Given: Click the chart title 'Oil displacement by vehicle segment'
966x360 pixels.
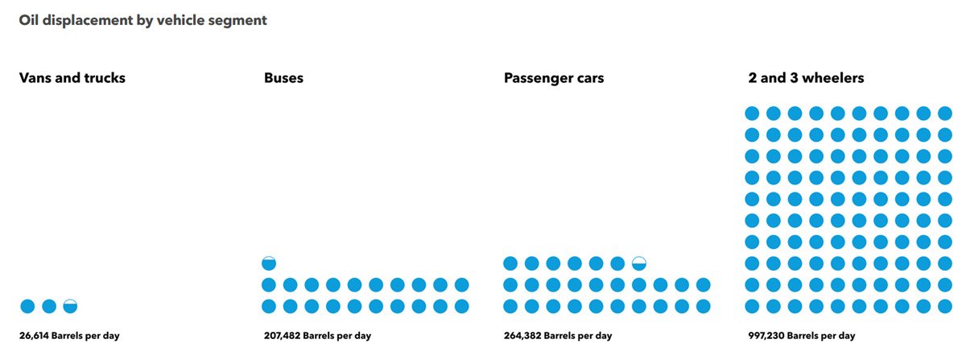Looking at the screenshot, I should point(143,21).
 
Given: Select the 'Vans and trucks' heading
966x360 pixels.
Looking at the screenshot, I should point(72,78).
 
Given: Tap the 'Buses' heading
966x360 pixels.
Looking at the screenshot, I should point(283,78).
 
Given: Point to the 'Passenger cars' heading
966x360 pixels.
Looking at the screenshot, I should point(554,78).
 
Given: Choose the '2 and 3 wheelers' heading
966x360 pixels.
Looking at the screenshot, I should point(806,78).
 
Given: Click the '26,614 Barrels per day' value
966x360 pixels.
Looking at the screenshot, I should point(69,336).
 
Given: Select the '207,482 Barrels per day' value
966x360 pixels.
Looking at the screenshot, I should point(317,336).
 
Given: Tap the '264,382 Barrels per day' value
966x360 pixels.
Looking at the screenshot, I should point(558,336).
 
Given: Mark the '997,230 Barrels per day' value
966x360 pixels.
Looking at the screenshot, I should point(801,336).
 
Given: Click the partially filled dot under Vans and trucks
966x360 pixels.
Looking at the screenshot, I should point(70,306).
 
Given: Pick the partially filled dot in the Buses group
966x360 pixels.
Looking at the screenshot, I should point(269,263).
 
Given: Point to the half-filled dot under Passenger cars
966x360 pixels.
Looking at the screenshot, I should point(639,263).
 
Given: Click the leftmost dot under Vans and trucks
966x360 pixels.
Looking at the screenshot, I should point(27,306).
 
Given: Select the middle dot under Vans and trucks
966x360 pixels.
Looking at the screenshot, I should point(49,306).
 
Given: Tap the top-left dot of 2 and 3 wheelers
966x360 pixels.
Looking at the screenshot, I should point(752,114).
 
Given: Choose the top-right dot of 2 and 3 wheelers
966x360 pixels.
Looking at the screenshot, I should point(945,114).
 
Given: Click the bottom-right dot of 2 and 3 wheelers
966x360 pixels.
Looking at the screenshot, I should point(945,306).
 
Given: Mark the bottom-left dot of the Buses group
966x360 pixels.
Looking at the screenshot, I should point(269,306).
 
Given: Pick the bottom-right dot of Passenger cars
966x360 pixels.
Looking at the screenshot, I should point(704,306).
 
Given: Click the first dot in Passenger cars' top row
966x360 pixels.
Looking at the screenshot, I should point(510,263).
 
